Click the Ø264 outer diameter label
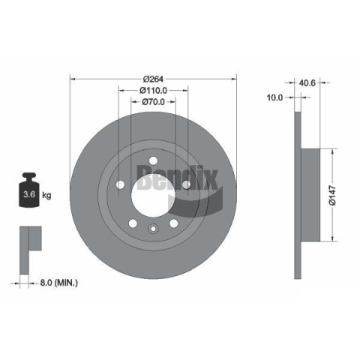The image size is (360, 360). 153,79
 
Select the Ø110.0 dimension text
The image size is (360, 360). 153,90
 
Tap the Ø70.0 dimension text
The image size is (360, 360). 153,102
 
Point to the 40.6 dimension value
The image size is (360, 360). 307,82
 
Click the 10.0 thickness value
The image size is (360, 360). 275,97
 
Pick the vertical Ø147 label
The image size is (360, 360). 333,195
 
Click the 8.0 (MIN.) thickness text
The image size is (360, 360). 59,283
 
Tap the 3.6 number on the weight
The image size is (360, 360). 29,194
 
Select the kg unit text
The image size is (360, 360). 46,195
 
